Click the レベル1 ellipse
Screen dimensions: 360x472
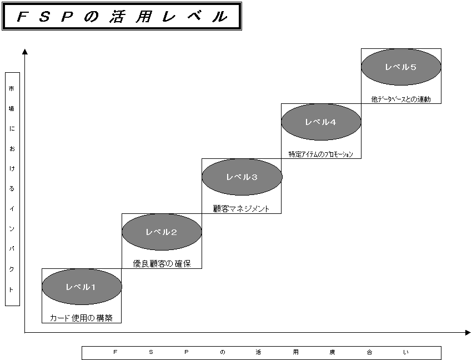[x=82, y=287]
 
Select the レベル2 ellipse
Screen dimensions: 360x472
[x=162, y=232]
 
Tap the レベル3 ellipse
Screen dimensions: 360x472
[x=242, y=177]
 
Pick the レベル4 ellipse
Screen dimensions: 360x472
[x=321, y=122]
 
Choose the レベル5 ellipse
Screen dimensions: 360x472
[x=401, y=67]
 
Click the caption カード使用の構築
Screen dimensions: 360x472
[x=81, y=318]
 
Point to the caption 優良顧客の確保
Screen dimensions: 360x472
[x=162, y=263]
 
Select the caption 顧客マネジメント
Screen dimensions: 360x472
[x=242, y=209]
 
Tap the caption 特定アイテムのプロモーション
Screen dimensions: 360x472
[x=321, y=154]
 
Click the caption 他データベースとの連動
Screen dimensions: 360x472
[x=401, y=99]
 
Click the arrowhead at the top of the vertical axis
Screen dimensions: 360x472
[x=25, y=52]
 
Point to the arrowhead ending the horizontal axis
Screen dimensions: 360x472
[x=468, y=333]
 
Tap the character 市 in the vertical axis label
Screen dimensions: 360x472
[x=12, y=89]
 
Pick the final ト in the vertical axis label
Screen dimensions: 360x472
[x=12, y=289]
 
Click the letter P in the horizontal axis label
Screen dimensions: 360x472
[x=187, y=353]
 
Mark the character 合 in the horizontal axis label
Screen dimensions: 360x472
[x=369, y=353]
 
